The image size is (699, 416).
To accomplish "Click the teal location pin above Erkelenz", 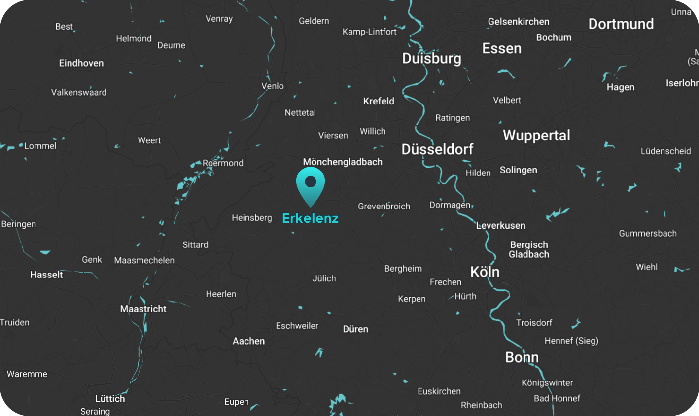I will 311,184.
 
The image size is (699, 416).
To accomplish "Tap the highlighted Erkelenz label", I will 310,218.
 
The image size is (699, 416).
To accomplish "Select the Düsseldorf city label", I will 437,149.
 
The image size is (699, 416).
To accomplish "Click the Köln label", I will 485,272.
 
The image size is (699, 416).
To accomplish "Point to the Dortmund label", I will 621,24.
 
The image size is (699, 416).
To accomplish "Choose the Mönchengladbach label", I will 343,162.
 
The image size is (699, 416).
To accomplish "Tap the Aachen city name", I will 248,341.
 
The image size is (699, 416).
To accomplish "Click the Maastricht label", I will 143,309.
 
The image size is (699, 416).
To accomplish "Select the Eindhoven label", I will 81,63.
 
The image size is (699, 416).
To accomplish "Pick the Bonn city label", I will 522,357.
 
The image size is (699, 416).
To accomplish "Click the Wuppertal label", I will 536,135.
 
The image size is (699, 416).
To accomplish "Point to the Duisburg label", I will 431,59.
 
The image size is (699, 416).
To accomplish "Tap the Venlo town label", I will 272,86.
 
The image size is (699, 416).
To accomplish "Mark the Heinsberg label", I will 251,217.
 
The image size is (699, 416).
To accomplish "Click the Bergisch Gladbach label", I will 529,249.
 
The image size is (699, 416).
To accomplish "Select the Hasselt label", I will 46,275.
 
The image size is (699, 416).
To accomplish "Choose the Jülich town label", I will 324,278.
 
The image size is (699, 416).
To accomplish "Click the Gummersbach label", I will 647,233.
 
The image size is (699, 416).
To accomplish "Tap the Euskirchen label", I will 439,391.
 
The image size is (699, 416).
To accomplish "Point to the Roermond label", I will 223,163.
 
